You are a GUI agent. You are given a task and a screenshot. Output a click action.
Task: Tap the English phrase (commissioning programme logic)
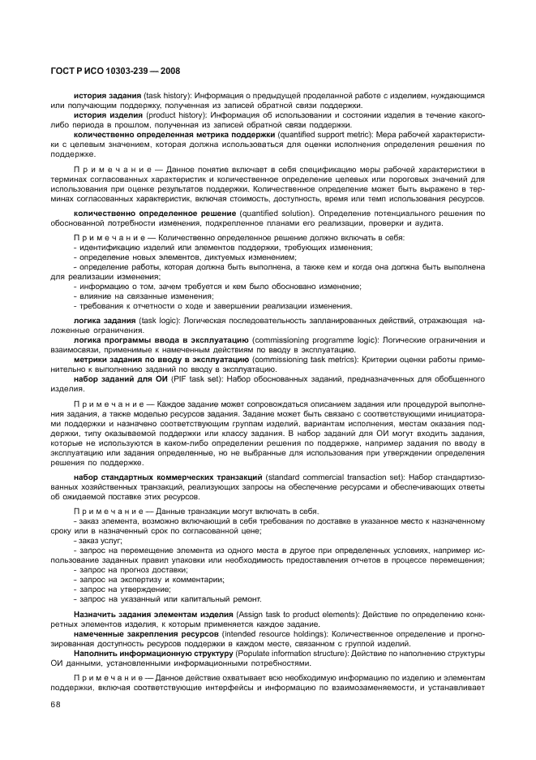coord(317,340)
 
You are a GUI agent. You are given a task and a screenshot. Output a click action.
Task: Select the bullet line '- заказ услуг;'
coord(98,540)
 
